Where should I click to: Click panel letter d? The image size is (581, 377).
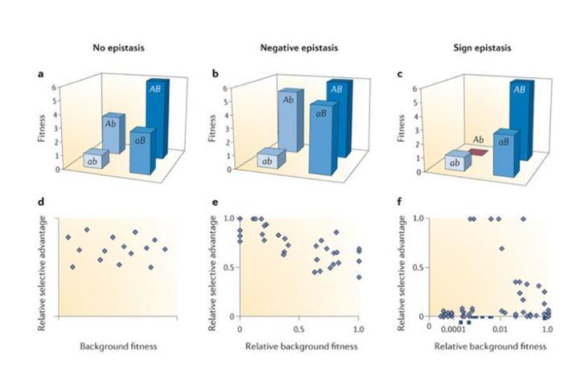tap(42, 211)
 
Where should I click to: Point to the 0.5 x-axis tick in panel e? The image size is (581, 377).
tap(299, 329)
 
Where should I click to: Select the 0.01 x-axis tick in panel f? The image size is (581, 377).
tap(499, 329)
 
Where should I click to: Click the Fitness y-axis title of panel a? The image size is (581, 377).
tap(40, 129)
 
